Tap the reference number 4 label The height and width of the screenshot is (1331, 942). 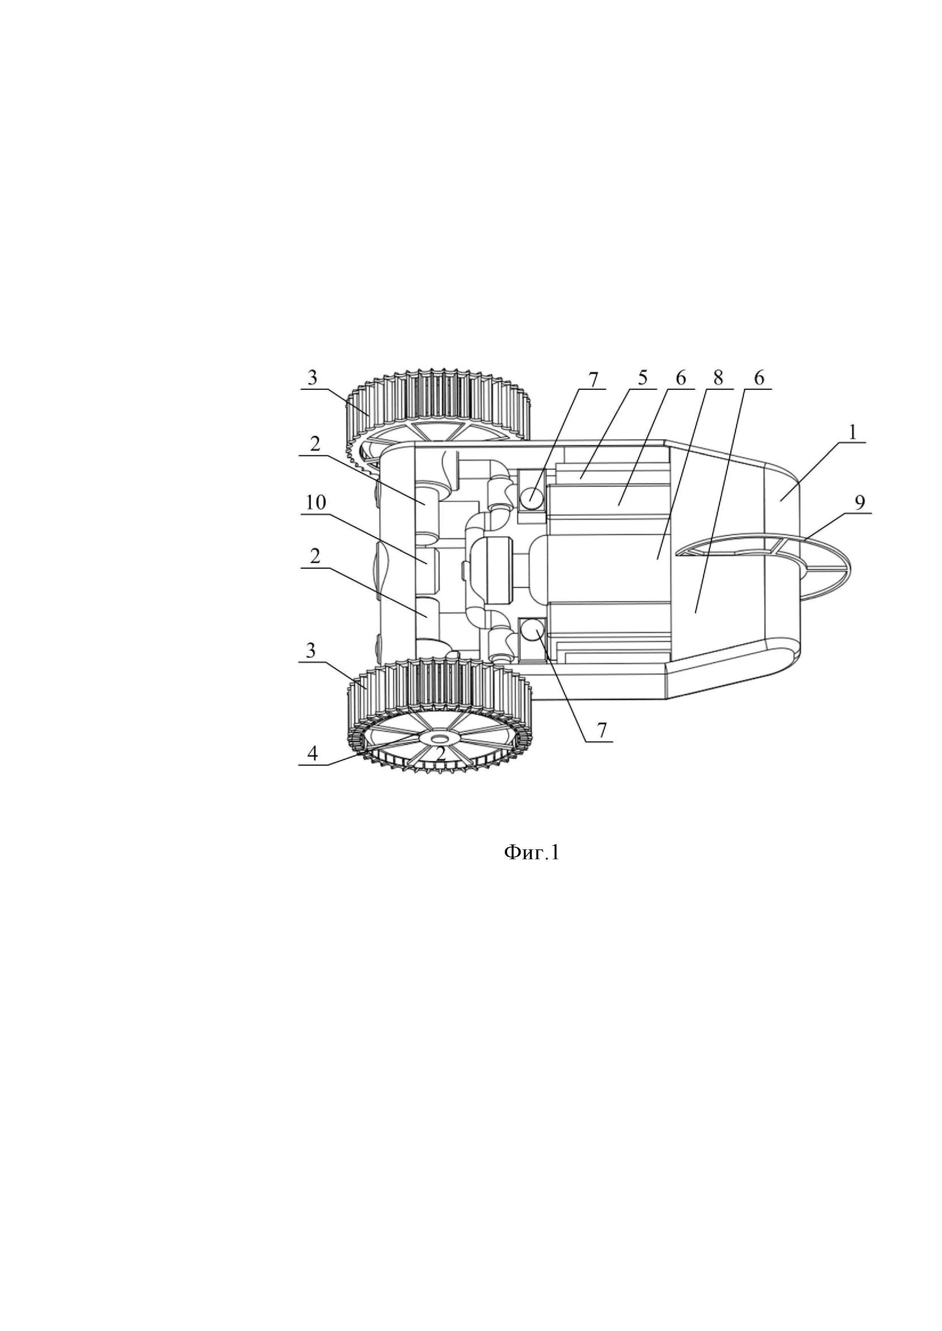313,754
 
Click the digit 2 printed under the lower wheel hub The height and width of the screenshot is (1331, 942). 441,754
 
